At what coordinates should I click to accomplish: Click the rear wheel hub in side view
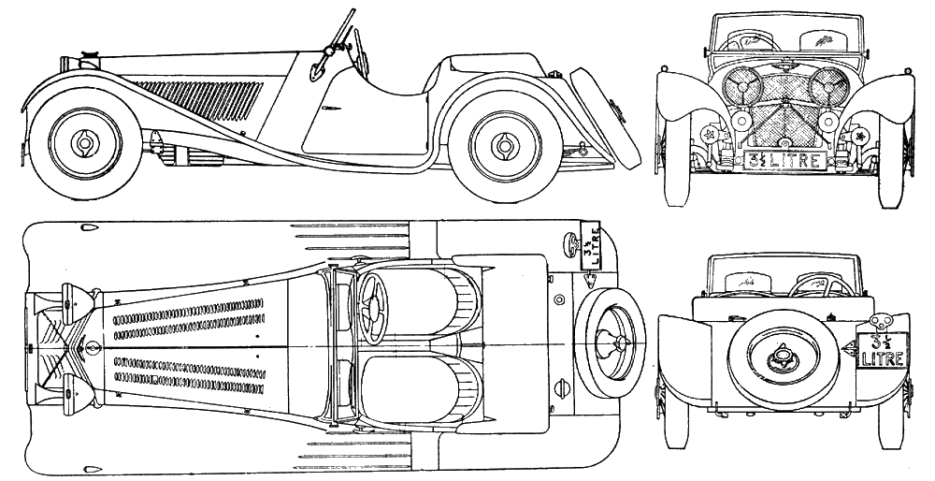pyautogui.click(x=507, y=144)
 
